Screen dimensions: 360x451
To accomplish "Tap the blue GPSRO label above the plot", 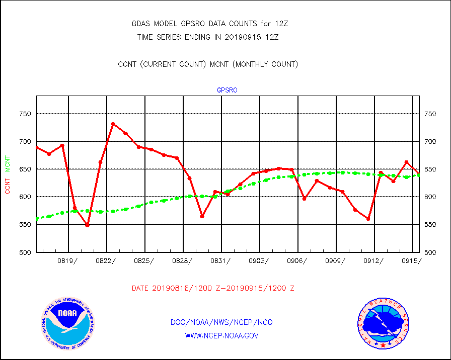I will tap(227, 91).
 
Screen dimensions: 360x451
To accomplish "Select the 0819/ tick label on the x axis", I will tap(68, 260).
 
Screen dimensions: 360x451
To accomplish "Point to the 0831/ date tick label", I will tap(221, 260).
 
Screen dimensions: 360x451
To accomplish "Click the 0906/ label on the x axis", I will tap(297, 260).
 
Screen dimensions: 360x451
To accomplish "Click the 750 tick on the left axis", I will tap(25, 114).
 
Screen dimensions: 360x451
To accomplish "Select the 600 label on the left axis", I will tap(25, 197).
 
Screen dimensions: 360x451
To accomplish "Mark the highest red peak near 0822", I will tap(113, 124).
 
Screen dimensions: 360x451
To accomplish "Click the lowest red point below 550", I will tap(87, 225).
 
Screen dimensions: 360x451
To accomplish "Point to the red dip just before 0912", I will tap(368, 219).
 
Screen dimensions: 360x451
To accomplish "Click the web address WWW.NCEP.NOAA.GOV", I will tap(222, 335).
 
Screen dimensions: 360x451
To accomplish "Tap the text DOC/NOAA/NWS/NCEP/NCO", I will tap(222, 322).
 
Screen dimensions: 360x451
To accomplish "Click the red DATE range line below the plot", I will tap(213, 289).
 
